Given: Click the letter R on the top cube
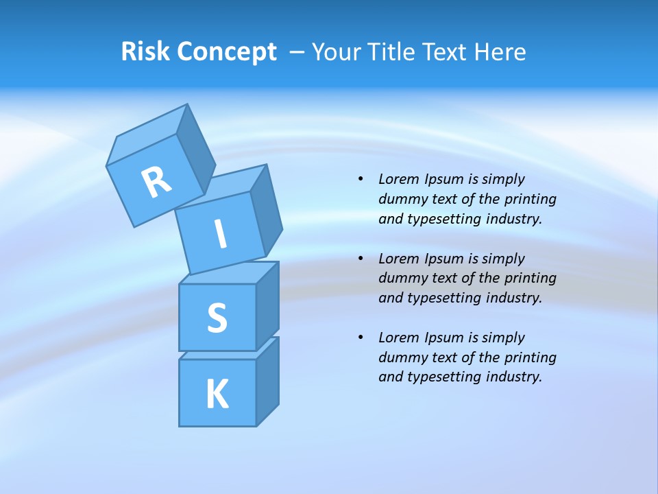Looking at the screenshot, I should click(x=156, y=182).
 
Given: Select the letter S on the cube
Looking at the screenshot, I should click(x=217, y=318).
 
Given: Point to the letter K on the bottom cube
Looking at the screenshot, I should click(x=217, y=394).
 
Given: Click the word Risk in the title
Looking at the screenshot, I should click(x=145, y=51).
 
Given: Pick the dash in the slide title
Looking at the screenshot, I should click(x=297, y=52).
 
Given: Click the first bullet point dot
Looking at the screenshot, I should click(x=361, y=179).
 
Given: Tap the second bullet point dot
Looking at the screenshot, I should click(x=361, y=259).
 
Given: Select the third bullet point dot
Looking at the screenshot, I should click(x=361, y=338).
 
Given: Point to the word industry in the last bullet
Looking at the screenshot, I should click(x=513, y=377).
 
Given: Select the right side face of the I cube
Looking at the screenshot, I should click(x=266, y=209).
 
